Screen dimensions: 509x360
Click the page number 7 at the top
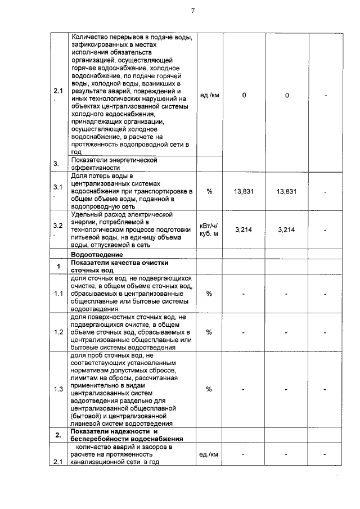pyautogui.click(x=192, y=11)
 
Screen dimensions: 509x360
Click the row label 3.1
pyautogui.click(x=57, y=187)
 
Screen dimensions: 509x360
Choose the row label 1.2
pyautogui.click(x=57, y=332)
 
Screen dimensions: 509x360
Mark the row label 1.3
pyautogui.click(x=57, y=389)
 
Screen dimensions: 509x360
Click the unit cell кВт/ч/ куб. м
pyautogui.click(x=209, y=229)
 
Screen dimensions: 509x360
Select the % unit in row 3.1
pyautogui.click(x=209, y=191)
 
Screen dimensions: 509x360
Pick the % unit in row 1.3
pyautogui.click(x=209, y=389)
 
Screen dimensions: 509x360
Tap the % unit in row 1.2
pyautogui.click(x=209, y=332)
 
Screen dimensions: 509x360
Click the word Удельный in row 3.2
pyautogui.click(x=87, y=214)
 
